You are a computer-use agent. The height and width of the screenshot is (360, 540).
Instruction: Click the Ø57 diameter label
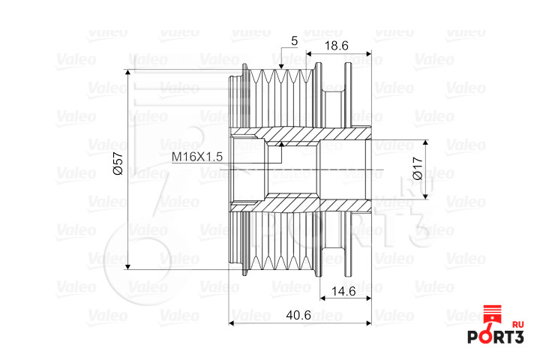pos(118,163)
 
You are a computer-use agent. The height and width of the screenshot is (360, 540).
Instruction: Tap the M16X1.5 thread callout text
pos(197,157)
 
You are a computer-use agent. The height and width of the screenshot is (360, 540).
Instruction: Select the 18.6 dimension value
pos(337,46)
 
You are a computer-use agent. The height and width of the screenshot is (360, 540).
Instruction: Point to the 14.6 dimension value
pos(343,292)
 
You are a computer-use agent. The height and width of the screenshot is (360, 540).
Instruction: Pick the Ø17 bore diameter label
pos(418,168)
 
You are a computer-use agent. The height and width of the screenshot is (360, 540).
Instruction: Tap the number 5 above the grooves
pos(294,41)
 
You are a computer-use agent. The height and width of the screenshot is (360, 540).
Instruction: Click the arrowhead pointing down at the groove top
pos(281,66)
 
